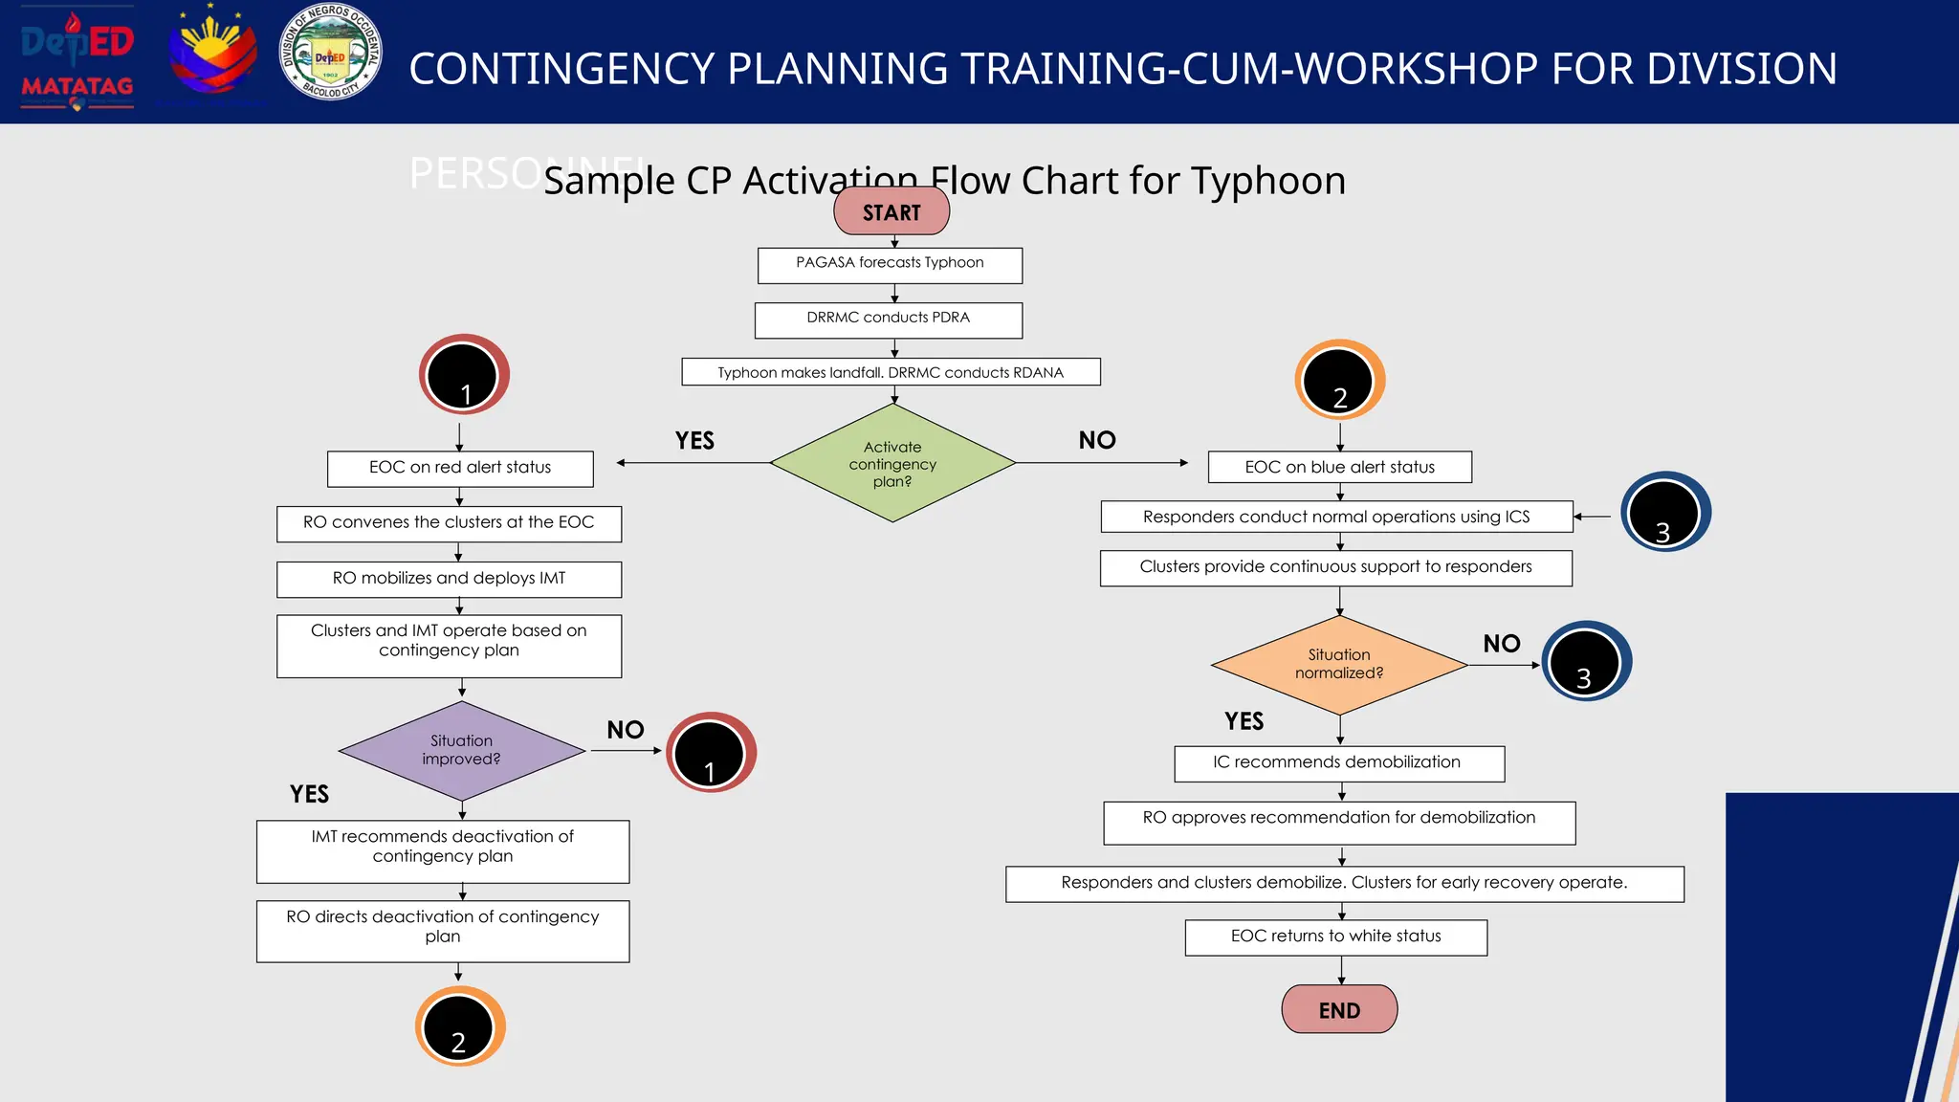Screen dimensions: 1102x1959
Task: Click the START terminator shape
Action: (x=891, y=211)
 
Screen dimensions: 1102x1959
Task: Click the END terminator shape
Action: (x=1339, y=1009)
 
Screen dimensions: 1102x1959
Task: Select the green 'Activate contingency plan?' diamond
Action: (x=892, y=464)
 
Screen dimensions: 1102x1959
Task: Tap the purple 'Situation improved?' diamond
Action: (x=461, y=750)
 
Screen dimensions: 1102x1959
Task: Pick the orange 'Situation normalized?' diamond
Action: (x=1339, y=664)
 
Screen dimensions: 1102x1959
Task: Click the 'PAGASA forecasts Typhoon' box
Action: (x=890, y=265)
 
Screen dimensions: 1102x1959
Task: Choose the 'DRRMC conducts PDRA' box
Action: (x=888, y=320)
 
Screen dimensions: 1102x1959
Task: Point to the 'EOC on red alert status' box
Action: (x=460, y=468)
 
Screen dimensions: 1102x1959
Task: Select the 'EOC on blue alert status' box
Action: (x=1339, y=467)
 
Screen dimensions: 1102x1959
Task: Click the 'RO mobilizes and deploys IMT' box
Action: (x=449, y=579)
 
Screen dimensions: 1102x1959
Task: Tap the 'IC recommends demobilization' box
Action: (x=1338, y=763)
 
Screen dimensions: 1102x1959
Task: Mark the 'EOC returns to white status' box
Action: (x=1335, y=937)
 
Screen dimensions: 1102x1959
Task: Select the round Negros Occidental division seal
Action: (x=331, y=53)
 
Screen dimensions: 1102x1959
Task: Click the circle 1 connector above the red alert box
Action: (x=464, y=374)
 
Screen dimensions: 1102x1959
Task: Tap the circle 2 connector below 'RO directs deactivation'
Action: (x=460, y=1026)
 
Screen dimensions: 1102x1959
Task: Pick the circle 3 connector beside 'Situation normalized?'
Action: (x=1586, y=661)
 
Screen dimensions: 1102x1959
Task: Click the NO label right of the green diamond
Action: (x=1097, y=440)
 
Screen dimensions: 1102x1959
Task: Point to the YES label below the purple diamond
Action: (x=309, y=794)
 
